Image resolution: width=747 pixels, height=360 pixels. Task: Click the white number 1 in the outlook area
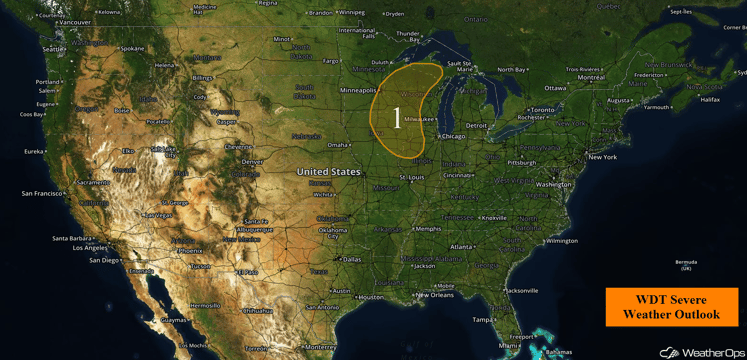(397, 119)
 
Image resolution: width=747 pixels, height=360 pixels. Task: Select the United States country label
(328, 172)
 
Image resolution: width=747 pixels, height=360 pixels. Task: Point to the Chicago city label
(451, 136)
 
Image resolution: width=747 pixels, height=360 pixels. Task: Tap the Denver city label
(252, 161)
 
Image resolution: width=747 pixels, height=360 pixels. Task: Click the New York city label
(602, 157)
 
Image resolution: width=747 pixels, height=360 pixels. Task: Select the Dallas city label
(351, 259)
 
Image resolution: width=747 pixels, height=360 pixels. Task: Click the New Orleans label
(435, 295)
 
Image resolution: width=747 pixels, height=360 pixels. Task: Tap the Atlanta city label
(462, 247)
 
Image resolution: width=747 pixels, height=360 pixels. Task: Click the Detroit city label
(477, 125)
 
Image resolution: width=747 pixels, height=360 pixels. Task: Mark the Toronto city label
(542, 109)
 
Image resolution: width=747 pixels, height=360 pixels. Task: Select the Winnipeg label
(351, 13)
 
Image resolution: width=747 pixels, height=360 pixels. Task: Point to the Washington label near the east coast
(554, 185)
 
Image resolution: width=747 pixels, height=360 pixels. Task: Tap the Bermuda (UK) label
(685, 265)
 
